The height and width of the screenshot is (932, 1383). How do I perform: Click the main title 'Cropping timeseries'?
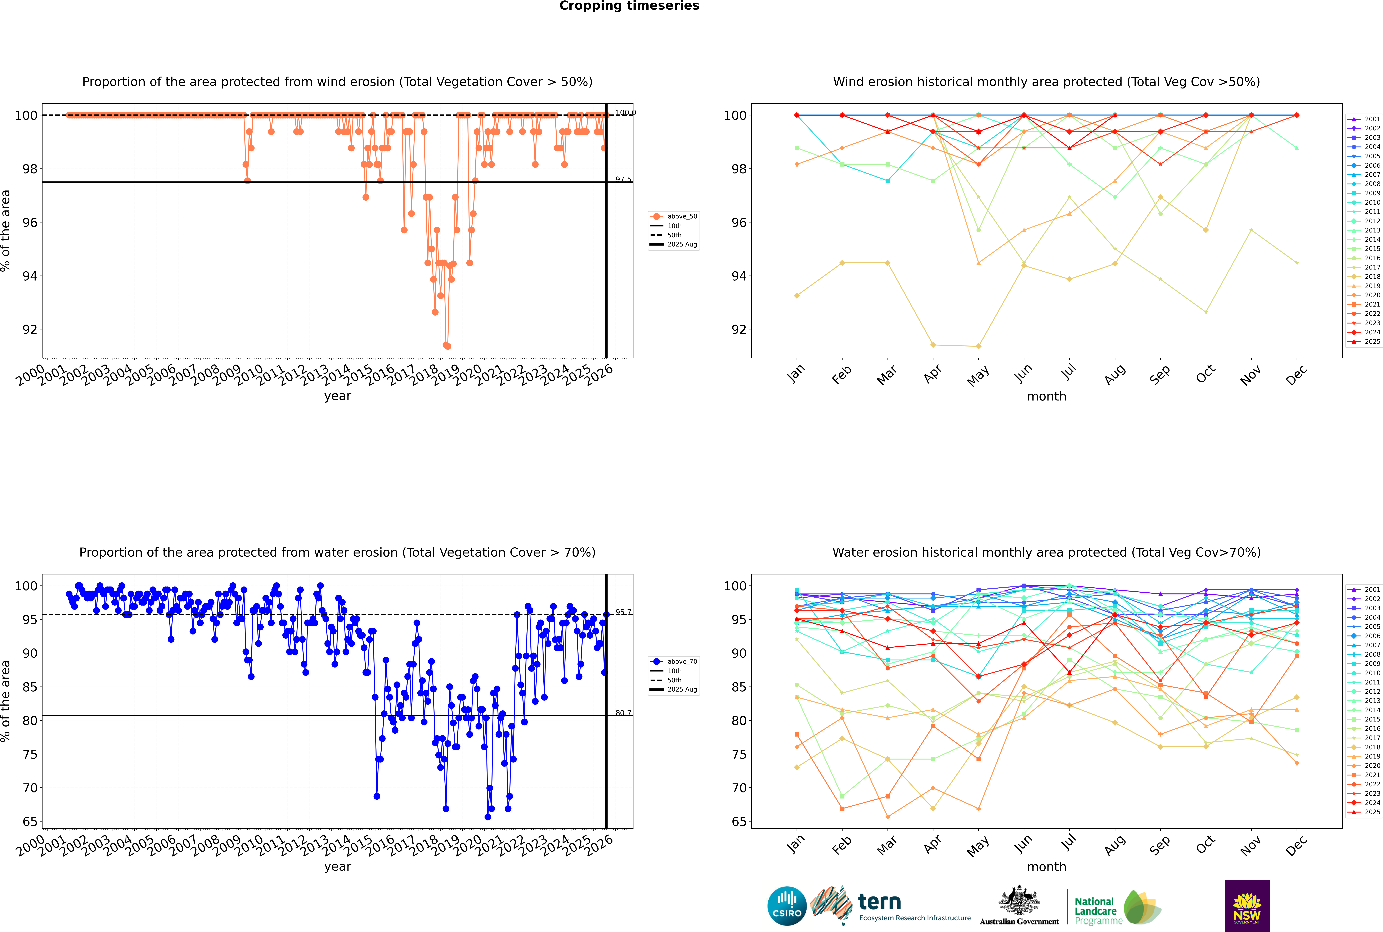pyautogui.click(x=629, y=6)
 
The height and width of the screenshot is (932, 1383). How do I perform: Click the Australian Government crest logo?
pyautogui.click(x=1019, y=906)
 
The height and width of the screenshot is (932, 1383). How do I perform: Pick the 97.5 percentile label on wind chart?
pyautogui.click(x=623, y=179)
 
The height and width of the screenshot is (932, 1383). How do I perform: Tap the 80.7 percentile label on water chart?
pyautogui.click(x=623, y=713)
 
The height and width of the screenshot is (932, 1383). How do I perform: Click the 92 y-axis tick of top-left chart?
pyautogui.click(x=30, y=329)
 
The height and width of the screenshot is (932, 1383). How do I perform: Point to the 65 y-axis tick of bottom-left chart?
pyautogui.click(x=30, y=822)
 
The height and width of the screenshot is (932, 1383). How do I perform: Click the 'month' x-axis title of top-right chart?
pyautogui.click(x=1046, y=397)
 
